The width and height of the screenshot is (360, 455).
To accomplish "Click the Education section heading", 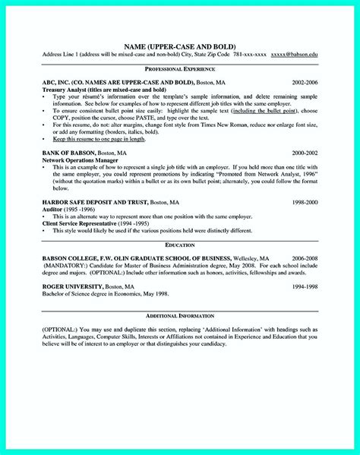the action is [180, 245].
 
